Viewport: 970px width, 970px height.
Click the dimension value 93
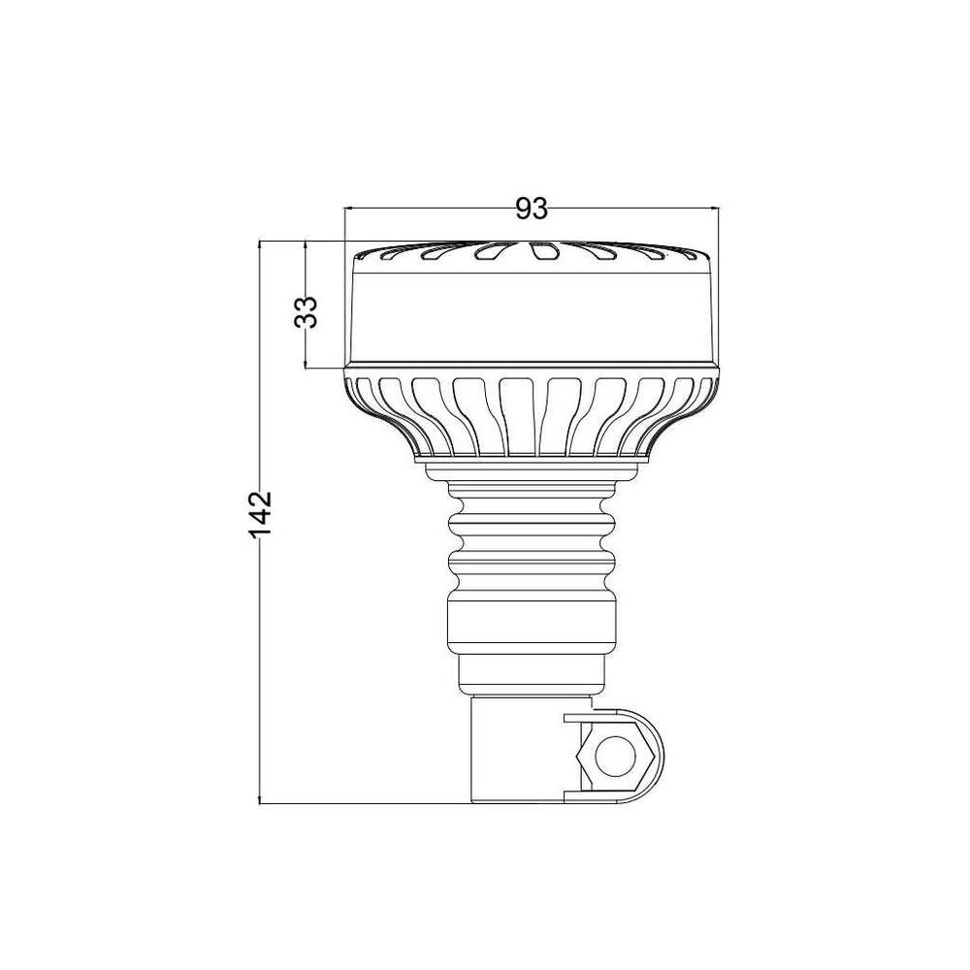532,210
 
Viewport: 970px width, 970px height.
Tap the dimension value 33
306,311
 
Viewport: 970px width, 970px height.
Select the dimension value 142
260,514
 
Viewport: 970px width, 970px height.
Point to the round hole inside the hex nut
614,757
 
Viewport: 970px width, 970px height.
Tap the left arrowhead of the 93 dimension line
349,209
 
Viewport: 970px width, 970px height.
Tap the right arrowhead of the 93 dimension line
715,209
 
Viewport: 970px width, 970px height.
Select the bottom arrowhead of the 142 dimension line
260,798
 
